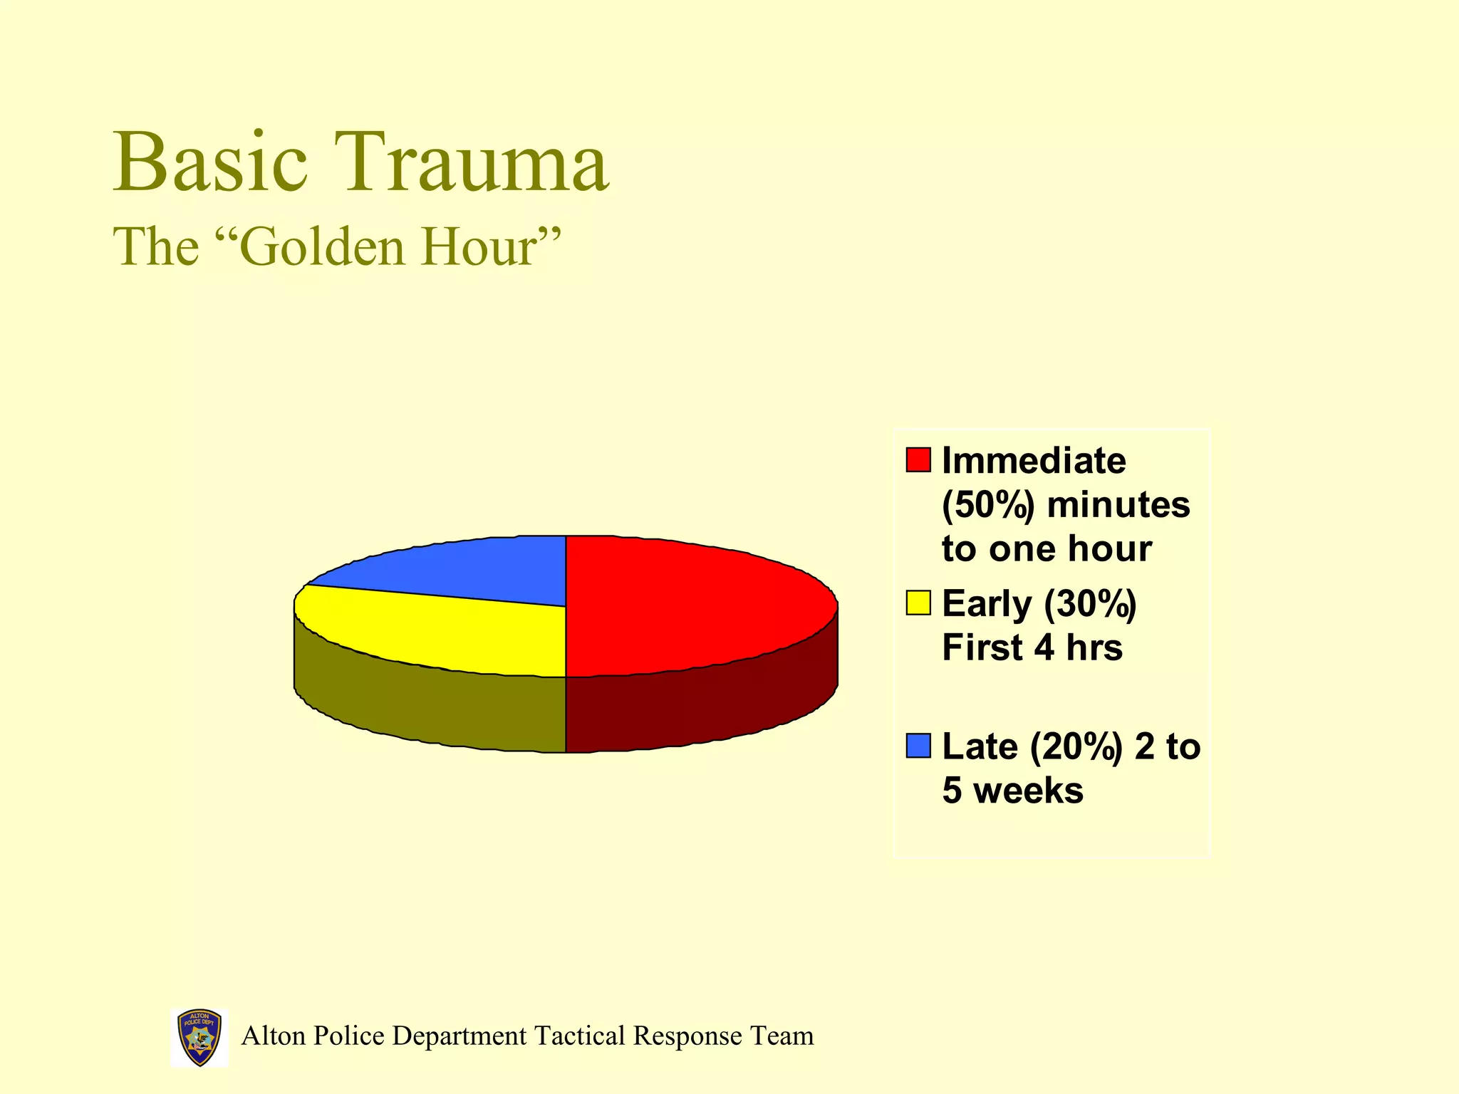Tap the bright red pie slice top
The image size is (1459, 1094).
point(691,605)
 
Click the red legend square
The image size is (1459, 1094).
point(918,459)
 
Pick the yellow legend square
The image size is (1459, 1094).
point(918,603)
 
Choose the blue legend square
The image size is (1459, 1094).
point(918,746)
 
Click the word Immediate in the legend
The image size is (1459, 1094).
point(1034,461)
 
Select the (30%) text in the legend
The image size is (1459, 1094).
point(1089,604)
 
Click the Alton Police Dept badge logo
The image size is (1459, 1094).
point(199,1037)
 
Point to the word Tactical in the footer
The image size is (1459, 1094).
point(581,1036)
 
